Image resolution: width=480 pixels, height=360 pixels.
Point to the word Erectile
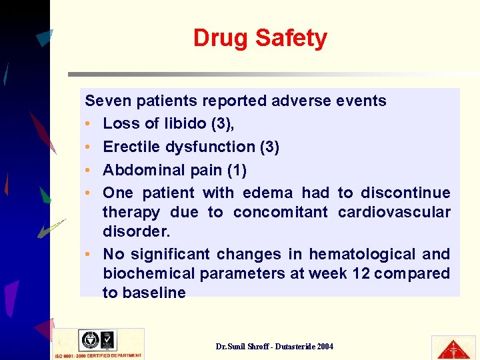tap(133, 147)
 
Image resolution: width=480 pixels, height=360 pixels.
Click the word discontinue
tap(405, 193)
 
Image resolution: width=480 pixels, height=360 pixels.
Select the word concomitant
tap(281, 212)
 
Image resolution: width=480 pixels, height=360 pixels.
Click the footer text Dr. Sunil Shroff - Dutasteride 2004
tap(275, 346)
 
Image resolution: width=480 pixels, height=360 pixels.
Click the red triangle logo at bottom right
tap(453, 348)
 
